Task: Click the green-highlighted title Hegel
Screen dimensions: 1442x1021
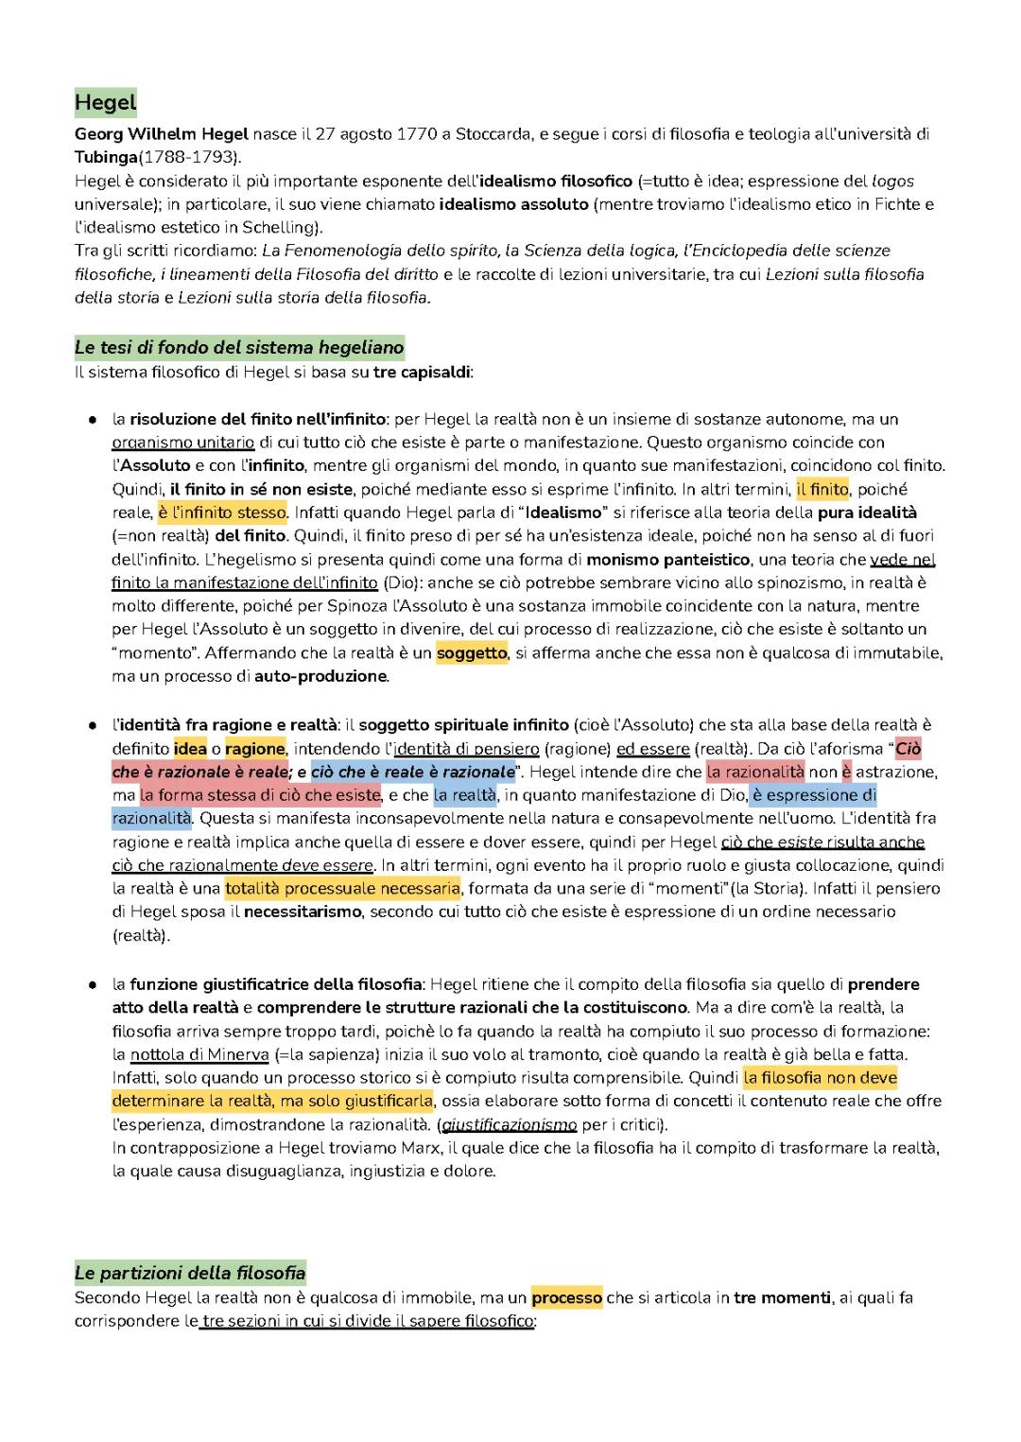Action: click(x=105, y=102)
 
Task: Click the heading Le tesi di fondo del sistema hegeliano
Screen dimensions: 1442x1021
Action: click(x=239, y=347)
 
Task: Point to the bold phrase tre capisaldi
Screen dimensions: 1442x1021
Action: click(x=422, y=372)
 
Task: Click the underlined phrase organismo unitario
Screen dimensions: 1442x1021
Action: click(x=183, y=443)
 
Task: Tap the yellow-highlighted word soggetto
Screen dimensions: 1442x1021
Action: click(x=472, y=652)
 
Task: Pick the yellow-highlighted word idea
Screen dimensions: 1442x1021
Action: click(x=190, y=749)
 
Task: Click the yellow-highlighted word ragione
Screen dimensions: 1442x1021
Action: click(x=254, y=749)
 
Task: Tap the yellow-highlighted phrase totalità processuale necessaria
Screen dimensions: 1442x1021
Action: click(x=342, y=888)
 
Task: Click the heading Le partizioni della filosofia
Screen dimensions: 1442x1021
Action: click(x=190, y=1273)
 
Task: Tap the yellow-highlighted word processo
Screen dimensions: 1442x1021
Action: click(x=566, y=1297)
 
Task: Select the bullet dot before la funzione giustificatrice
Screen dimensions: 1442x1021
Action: click(x=92, y=984)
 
